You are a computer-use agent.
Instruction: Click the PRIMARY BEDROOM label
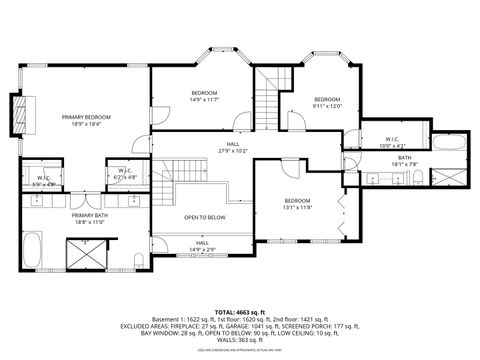pyautogui.click(x=85, y=117)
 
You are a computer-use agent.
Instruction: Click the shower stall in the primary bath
pyautogui.click(x=84, y=256)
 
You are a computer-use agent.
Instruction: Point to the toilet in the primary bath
pyautogui.click(x=137, y=262)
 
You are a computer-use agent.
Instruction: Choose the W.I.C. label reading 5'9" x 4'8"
pyautogui.click(x=44, y=182)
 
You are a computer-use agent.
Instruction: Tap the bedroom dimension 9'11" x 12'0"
pyautogui.click(x=327, y=106)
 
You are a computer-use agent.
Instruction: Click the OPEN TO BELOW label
pyautogui.click(x=204, y=217)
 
